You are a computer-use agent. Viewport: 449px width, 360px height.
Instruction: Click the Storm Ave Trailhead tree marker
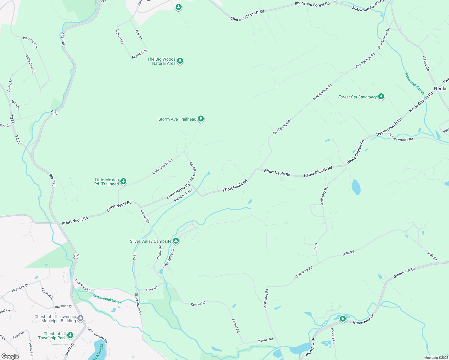(x=201, y=119)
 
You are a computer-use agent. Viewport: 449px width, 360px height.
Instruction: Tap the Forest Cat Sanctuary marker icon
(x=381, y=97)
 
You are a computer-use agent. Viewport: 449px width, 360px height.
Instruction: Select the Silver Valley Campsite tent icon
(x=176, y=241)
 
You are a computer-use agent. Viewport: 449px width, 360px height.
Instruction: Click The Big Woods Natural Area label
(x=161, y=61)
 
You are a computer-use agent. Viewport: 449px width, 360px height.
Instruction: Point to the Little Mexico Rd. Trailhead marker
(x=123, y=181)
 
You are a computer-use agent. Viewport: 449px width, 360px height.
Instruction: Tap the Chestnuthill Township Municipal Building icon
(x=80, y=318)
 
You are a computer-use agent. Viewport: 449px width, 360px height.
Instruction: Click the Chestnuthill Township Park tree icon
(x=70, y=335)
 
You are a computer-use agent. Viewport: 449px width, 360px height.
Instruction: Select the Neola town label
(x=440, y=88)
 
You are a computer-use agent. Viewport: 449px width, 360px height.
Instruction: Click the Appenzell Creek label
(x=414, y=83)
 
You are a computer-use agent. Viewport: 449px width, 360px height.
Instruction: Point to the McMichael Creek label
(x=107, y=299)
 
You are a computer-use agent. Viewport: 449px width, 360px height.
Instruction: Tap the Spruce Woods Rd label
(x=401, y=137)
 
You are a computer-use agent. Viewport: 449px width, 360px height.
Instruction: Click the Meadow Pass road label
(x=183, y=195)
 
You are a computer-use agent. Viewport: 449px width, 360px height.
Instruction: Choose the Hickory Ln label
(x=333, y=335)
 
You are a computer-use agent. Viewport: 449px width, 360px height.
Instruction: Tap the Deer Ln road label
(x=152, y=289)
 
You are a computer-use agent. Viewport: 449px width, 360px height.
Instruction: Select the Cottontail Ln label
(x=83, y=286)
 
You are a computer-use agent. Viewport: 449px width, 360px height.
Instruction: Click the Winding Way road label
(x=30, y=43)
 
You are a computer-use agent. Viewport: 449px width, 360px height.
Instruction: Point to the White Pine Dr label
(x=30, y=63)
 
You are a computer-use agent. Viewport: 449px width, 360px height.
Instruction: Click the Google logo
(x=10, y=356)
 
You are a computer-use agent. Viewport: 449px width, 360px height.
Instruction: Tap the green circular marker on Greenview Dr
(x=343, y=319)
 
